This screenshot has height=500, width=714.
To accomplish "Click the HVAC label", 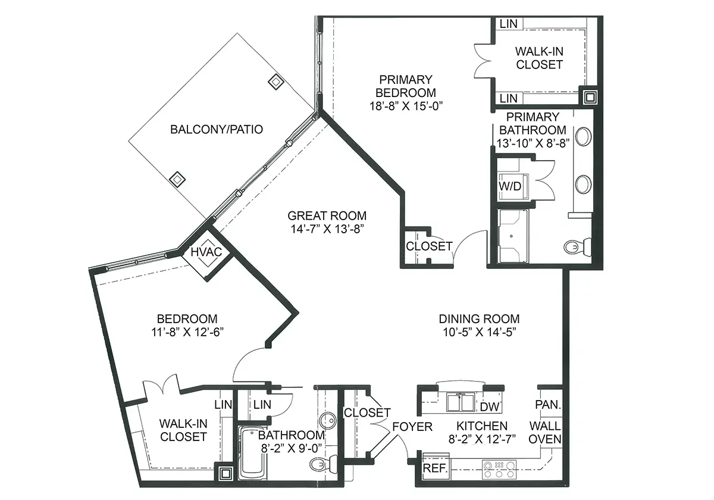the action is click(x=206, y=252).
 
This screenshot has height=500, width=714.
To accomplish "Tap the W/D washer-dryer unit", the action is click(x=512, y=186).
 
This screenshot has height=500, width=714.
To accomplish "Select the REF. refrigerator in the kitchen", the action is click(x=436, y=468).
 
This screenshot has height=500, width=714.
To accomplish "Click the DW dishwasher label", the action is click(x=490, y=407).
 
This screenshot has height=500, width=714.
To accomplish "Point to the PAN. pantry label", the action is click(x=548, y=405).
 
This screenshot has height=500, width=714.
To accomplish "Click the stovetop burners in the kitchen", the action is click(x=499, y=470).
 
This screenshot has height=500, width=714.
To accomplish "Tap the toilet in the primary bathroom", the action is click(x=577, y=247).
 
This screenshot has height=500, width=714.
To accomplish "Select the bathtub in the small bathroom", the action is click(x=253, y=453).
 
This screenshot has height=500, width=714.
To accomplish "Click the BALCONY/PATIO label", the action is click(x=217, y=130).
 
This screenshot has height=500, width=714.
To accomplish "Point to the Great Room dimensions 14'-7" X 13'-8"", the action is click(x=327, y=229).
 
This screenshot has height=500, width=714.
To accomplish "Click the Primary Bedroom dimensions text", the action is click(x=406, y=106).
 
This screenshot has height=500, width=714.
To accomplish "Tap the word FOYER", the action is click(x=412, y=427).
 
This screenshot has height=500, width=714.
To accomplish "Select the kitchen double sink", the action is click(x=461, y=403).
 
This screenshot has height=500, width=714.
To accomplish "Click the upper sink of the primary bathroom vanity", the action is click(x=583, y=137).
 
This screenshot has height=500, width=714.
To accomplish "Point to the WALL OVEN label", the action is click(x=545, y=432).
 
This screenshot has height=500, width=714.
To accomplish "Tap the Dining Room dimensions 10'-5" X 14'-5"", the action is click(x=480, y=332).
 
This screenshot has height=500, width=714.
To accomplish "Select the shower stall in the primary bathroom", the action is click(x=513, y=236).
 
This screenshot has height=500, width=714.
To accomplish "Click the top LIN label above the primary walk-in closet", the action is click(x=508, y=24).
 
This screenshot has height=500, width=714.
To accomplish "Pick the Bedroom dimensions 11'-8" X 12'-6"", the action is click(x=187, y=332).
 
